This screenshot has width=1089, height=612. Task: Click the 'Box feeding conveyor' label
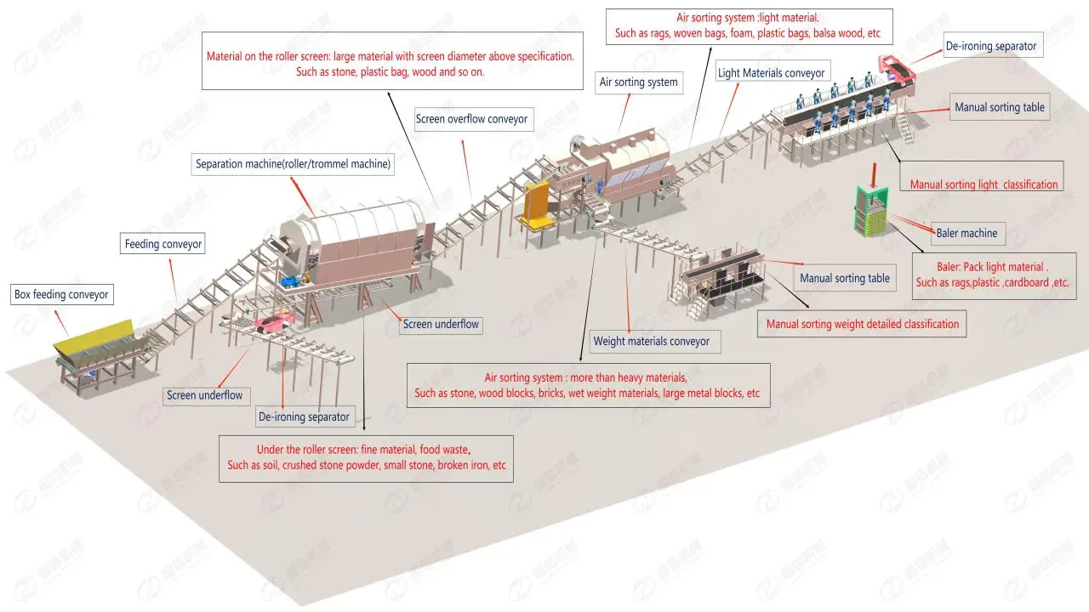pos(61,295)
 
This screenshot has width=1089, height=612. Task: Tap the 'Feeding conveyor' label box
pos(163,244)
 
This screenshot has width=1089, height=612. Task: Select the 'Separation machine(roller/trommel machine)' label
pos(293,165)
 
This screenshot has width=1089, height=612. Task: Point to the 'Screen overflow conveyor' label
pos(471,120)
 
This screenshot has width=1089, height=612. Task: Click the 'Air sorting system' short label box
pos(638,82)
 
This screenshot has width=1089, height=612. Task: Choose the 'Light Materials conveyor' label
pos(771,73)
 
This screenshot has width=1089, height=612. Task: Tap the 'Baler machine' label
pos(966,232)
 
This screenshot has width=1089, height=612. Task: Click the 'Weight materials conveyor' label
pos(651,342)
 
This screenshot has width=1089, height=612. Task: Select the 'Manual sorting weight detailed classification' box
pos(862,324)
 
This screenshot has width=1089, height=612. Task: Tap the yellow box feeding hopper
pos(94,338)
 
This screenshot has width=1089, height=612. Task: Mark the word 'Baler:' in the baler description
pos(933,267)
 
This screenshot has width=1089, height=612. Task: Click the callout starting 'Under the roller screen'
pos(366,458)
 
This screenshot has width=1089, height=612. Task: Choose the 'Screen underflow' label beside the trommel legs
pos(441,324)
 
